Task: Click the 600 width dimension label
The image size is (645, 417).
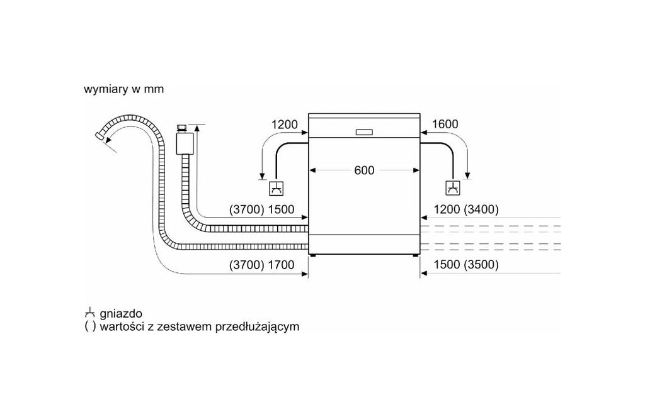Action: pos(364,170)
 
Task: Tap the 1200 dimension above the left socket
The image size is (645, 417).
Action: pos(284,124)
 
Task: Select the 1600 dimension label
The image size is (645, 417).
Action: pos(445,124)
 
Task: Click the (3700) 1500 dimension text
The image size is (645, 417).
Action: pos(261,209)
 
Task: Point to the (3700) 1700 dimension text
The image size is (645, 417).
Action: pos(261,265)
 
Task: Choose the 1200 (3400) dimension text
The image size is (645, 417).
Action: pos(466,209)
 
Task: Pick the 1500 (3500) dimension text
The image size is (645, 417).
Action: pos(466,265)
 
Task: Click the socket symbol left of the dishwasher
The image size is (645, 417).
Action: pos(276,188)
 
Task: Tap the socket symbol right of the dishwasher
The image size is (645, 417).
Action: pos(453,188)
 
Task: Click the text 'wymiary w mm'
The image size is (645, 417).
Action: pos(124,89)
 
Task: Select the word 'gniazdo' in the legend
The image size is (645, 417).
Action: pos(121,314)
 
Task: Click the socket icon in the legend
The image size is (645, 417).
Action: pos(89,313)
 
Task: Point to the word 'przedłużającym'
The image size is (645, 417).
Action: pos(258,327)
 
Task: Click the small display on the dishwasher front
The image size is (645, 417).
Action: pos(364,132)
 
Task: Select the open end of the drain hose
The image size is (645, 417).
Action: pos(99,136)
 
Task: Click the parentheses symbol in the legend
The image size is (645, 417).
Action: pos(90,327)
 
